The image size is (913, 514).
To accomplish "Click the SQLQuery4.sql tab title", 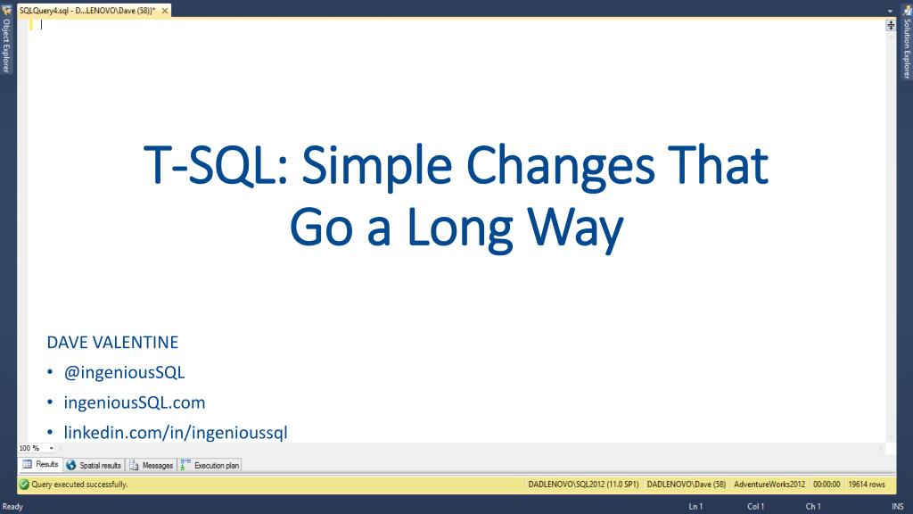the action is [x=87, y=11].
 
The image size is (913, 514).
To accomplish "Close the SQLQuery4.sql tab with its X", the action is [x=165, y=11].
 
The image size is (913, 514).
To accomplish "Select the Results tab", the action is [x=40, y=464].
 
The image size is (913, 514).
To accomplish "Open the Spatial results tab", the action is [x=94, y=465].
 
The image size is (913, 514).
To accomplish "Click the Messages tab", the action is [x=151, y=465].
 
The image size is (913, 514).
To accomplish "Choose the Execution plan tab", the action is [x=210, y=465].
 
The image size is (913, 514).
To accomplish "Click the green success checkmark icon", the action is [x=24, y=485].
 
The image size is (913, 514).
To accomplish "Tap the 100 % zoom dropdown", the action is [x=36, y=448].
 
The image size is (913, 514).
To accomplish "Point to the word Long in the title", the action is [x=460, y=230].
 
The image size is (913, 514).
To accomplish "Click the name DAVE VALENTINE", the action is [x=112, y=342].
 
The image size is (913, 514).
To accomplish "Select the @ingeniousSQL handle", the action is [x=124, y=372].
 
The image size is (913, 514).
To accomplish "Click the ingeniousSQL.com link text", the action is [x=135, y=402].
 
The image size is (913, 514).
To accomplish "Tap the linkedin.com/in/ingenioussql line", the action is [x=176, y=433].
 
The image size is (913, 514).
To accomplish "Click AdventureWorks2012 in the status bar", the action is [x=769, y=485].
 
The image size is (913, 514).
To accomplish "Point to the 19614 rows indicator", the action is [x=867, y=485].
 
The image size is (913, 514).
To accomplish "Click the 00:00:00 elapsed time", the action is [x=827, y=485].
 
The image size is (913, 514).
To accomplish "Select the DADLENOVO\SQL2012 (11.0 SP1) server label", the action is [x=583, y=485].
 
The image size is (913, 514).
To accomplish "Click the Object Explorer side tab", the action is [x=6, y=46].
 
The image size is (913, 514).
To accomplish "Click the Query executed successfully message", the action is [x=79, y=485].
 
